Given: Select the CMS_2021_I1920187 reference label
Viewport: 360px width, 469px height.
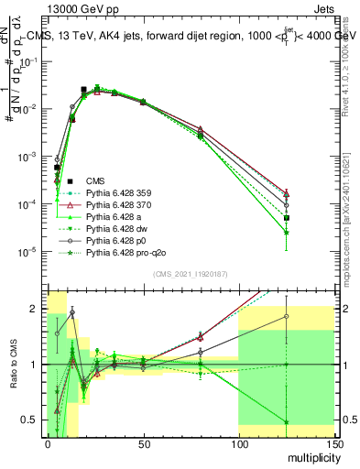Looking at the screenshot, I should (190, 274).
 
